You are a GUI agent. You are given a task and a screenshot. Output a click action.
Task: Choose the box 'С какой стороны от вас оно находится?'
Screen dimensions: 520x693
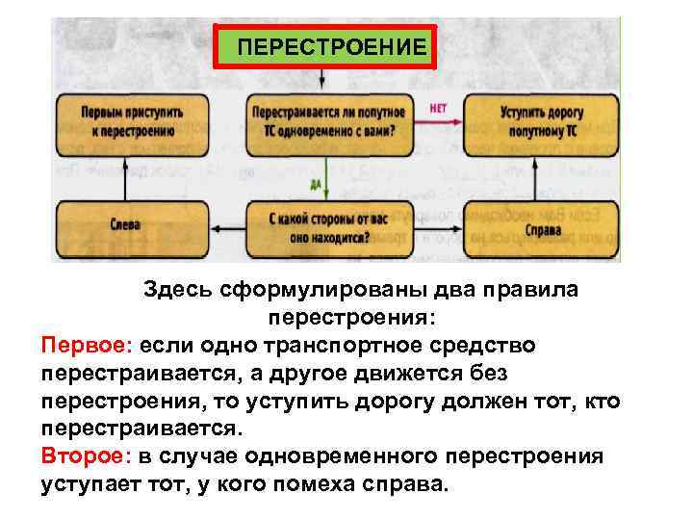pyautogui.click(x=329, y=225)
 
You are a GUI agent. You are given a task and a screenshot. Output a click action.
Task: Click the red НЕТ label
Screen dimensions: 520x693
pyautogui.click(x=438, y=108)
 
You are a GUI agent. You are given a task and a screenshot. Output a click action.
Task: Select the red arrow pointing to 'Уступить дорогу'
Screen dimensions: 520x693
pyautogui.click(x=439, y=120)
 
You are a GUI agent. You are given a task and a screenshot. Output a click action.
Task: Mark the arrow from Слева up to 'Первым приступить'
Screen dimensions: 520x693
pyautogui.click(x=128, y=175)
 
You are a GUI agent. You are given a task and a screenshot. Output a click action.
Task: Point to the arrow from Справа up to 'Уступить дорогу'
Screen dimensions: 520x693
pyautogui.click(x=537, y=175)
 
